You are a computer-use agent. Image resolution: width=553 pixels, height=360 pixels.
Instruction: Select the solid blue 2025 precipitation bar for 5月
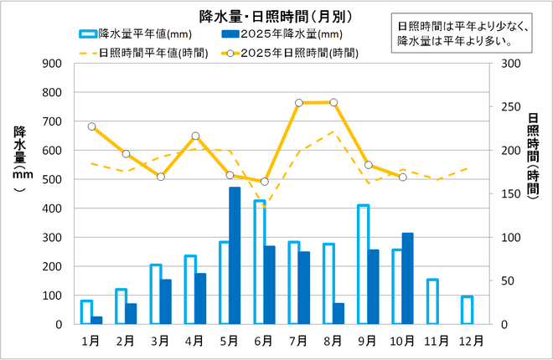click(x=235, y=255)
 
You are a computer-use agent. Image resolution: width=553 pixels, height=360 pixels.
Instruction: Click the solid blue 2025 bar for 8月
click(x=339, y=313)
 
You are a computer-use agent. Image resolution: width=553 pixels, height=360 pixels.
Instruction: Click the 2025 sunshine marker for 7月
click(x=299, y=103)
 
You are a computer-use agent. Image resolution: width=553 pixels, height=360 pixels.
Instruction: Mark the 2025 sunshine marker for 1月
click(x=91, y=126)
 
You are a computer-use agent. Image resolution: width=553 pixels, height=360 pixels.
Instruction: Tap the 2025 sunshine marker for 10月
click(x=403, y=177)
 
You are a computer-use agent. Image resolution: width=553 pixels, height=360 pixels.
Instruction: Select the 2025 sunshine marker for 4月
click(x=195, y=136)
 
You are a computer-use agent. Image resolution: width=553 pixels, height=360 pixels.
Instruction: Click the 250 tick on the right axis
click(x=509, y=107)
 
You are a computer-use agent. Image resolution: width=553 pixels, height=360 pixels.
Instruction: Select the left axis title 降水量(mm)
click(x=19, y=159)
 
